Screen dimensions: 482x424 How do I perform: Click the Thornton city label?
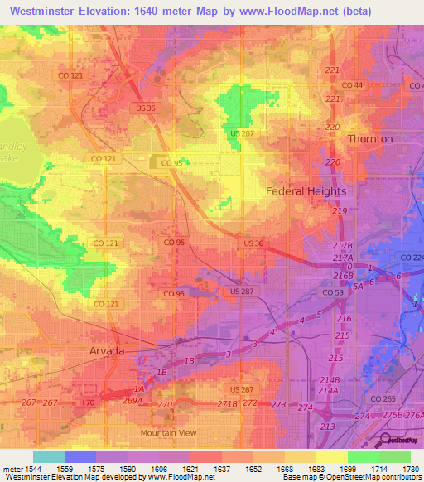pos(369,139)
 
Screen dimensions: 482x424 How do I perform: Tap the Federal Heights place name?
pos(306,191)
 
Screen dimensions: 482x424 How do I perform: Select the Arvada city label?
pos(106,351)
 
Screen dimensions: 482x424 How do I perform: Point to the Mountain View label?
pos(168,433)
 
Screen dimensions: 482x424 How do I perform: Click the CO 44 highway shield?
pos(353,85)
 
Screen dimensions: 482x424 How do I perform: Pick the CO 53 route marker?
pos(333,293)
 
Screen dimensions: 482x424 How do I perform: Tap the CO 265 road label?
pos(383,399)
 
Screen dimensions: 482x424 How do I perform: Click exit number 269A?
pos(133,399)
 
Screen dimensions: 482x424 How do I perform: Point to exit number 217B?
pos(343,247)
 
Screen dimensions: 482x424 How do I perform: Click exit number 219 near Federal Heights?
pos(340,212)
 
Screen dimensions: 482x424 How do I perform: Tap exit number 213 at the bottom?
pos(328,427)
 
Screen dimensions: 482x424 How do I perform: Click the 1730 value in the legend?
pos(411,468)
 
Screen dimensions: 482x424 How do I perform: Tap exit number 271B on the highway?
pos(228,403)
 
